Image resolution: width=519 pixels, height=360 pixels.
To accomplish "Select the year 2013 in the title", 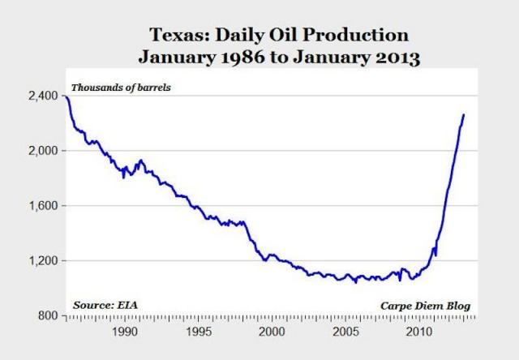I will (x=391, y=58).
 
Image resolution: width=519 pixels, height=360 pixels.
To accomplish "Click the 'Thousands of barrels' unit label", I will (x=121, y=87).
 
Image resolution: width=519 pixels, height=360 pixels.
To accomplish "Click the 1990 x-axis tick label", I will (x=124, y=332).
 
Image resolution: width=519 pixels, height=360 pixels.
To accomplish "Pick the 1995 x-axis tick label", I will (x=198, y=332).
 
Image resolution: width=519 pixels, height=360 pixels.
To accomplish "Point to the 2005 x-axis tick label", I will (x=345, y=332).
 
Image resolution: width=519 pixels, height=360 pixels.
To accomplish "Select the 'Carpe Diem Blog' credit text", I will (x=425, y=305).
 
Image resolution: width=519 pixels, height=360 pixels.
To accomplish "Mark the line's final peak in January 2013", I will (x=464, y=114).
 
